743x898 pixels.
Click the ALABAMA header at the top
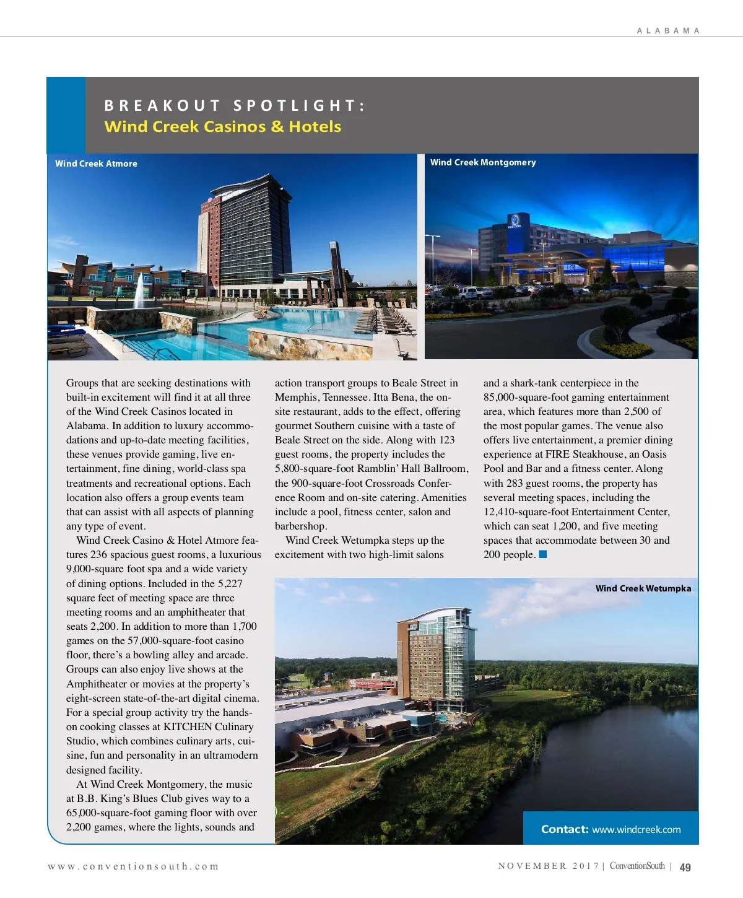668,30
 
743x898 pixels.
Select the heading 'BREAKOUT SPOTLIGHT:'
235,105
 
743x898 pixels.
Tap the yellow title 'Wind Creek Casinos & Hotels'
223,126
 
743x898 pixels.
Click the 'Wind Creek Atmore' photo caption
96,163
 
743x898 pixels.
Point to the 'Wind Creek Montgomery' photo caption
483,162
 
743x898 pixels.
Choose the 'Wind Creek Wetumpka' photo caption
643,588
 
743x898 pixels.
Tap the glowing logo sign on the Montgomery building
514,220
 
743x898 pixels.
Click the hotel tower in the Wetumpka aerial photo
433,656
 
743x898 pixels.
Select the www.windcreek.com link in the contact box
636,829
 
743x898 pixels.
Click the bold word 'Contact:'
565,829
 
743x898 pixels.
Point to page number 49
685,867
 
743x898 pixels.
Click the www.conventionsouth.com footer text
133,866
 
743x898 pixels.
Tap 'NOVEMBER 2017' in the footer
548,866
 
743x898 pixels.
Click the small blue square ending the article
543,554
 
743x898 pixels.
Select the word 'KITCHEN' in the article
187,726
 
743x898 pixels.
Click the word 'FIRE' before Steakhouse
557,455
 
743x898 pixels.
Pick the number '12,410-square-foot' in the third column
526,512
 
